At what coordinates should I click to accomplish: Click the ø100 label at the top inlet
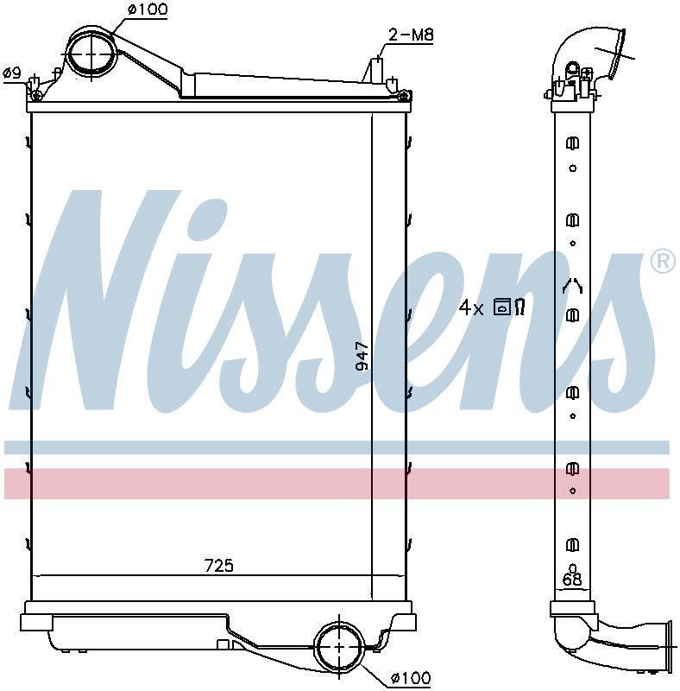point(148,9)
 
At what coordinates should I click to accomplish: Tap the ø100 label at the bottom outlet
point(411,677)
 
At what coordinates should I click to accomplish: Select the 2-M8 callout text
point(411,35)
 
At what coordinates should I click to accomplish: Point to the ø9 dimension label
point(11,73)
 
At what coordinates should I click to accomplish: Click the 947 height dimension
point(362,356)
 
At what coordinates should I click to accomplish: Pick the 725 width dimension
point(219,566)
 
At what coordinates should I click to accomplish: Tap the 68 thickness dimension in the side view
point(572,579)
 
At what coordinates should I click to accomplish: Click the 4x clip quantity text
point(471,307)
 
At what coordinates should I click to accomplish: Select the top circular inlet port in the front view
point(92,54)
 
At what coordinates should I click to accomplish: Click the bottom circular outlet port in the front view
point(339,646)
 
